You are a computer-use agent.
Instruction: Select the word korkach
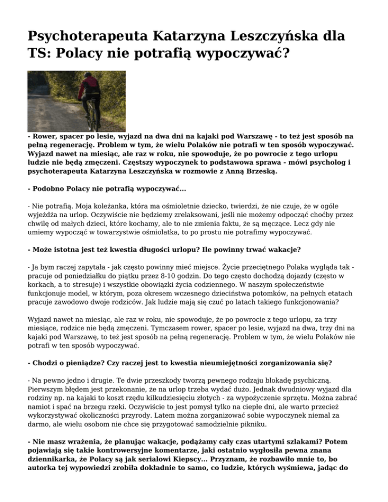(42, 286)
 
